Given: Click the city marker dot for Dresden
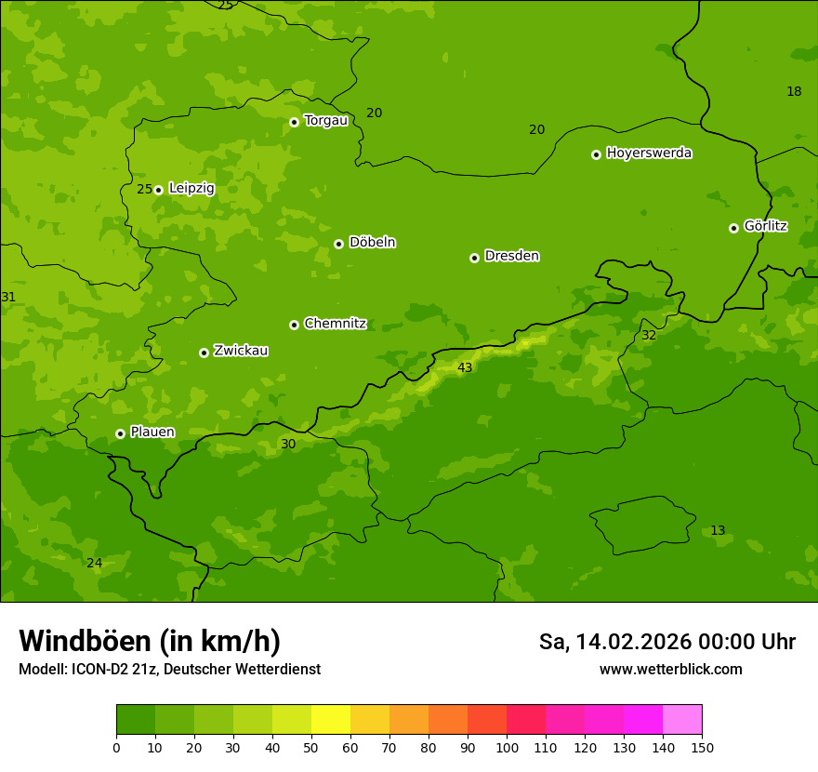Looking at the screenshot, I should tap(474, 258).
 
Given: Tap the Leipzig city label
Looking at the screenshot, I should tap(191, 189).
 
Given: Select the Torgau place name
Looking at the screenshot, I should tap(325, 121).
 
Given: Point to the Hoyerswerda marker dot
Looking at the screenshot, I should tap(596, 154).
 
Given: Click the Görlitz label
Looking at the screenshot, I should tap(765, 226).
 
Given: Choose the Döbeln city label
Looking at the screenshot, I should tap(372, 243).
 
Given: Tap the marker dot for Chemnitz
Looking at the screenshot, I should tap(294, 325).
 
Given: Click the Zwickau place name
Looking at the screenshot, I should tap(241, 351).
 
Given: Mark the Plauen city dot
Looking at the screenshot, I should tap(120, 433).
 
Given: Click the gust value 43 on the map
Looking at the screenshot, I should tap(465, 368).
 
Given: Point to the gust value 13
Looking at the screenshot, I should tap(718, 531).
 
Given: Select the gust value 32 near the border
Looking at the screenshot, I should tap(649, 336).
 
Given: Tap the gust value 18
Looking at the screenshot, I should tap(794, 91).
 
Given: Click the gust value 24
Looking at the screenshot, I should tap(94, 564).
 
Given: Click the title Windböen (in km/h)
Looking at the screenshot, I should tap(150, 641).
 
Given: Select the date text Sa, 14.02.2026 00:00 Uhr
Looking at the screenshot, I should tap(666, 642).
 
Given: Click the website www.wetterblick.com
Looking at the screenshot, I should tap(670, 670).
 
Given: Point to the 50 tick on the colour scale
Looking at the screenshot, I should tap(311, 748).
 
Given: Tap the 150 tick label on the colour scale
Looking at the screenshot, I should tap(702, 748).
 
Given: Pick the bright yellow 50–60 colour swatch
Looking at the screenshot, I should tap(331, 720).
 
